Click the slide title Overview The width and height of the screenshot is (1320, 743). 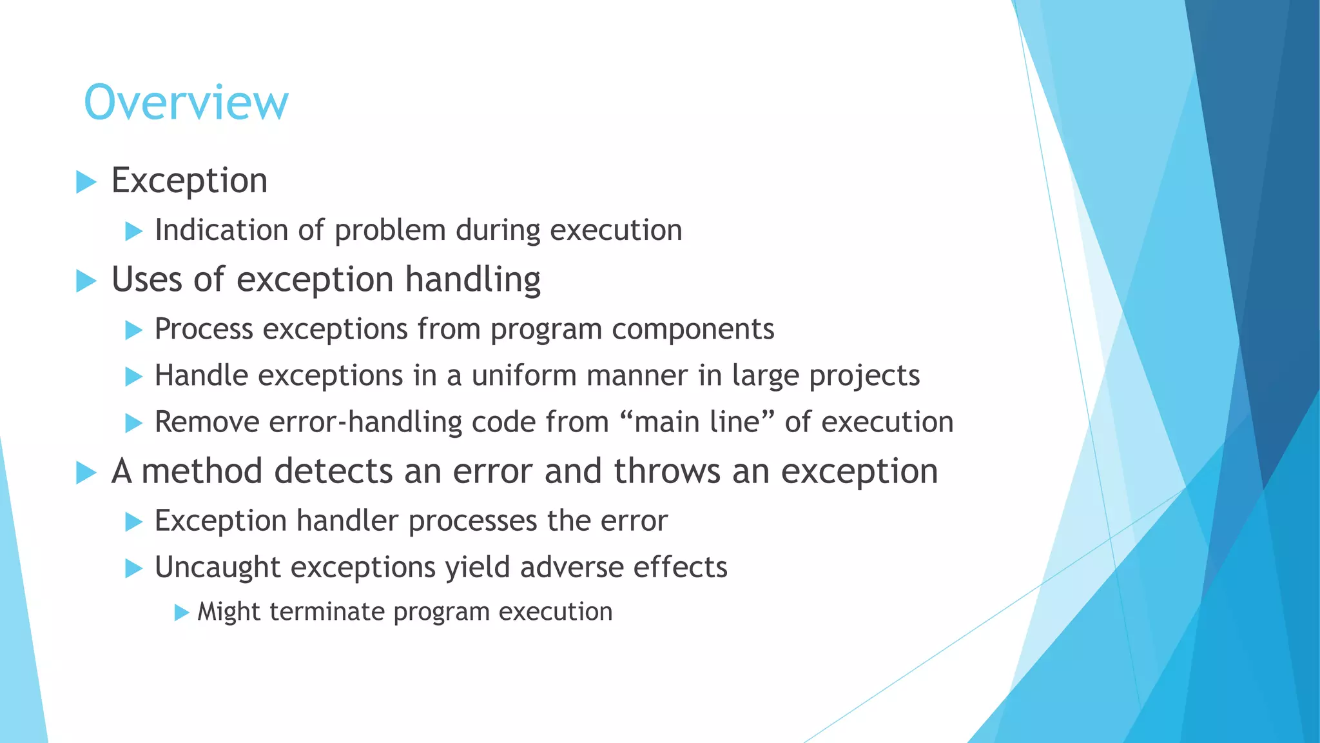pyautogui.click(x=186, y=103)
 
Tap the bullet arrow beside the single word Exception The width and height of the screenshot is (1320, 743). pyautogui.click(x=86, y=182)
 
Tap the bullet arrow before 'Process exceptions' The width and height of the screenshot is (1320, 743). pyautogui.click(x=133, y=330)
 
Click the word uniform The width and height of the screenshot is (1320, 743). pyautogui.click(x=524, y=375)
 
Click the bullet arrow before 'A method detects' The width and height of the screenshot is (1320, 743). pyautogui.click(x=86, y=473)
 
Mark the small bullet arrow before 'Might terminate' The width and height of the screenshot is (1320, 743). pyautogui.click(x=181, y=612)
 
